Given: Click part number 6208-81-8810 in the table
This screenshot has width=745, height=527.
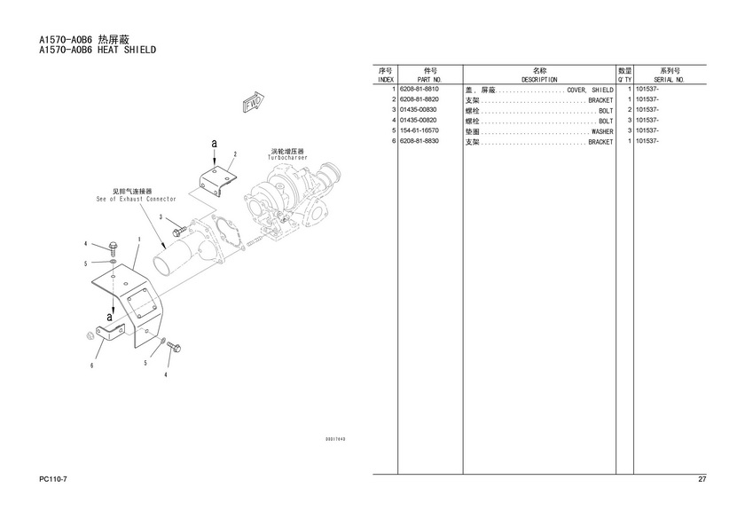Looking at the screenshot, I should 418,90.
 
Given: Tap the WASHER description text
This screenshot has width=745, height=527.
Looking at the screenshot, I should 602,131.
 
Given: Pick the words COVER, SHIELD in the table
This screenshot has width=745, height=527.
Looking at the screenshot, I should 590,90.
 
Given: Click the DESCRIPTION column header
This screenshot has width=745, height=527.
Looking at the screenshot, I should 539,80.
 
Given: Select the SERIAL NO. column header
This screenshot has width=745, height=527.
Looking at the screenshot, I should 669,80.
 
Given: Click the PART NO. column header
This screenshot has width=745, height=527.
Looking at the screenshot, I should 429,80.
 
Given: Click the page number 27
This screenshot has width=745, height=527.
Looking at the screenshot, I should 702,480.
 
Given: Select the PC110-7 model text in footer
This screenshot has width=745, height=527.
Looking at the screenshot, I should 55,480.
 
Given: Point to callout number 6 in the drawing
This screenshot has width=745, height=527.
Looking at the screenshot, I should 90,365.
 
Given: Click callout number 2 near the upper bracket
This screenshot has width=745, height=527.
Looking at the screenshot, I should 235,153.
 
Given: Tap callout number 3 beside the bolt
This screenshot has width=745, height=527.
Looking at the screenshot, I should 161,216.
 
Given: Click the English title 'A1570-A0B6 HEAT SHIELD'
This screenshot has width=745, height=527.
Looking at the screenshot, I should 98,51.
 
